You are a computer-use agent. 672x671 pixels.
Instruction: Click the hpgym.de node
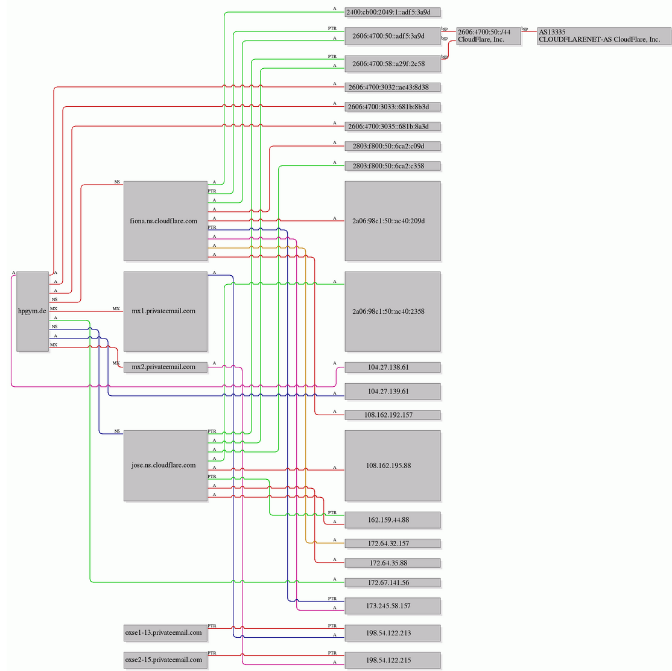(x=33, y=311)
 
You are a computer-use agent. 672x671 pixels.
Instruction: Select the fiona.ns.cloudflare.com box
(x=165, y=221)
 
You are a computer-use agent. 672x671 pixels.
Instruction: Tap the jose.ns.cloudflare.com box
(x=165, y=465)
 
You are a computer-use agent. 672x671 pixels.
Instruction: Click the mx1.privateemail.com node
(x=165, y=311)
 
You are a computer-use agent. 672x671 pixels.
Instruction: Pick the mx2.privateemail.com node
(x=165, y=367)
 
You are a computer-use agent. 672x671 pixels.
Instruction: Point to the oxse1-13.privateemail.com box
(x=165, y=633)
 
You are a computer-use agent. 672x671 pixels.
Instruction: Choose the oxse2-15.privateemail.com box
(x=165, y=660)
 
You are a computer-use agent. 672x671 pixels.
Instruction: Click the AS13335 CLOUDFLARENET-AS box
(x=604, y=36)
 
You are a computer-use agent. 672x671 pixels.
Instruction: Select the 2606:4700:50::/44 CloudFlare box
(x=489, y=36)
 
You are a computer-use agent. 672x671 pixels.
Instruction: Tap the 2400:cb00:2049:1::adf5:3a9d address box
(x=393, y=13)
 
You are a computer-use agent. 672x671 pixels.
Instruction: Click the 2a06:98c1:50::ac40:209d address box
(x=393, y=221)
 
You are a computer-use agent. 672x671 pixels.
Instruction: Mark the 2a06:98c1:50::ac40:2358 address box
(x=393, y=311)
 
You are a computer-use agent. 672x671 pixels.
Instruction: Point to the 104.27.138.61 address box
(x=393, y=367)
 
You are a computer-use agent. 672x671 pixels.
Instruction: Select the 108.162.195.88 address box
(x=393, y=465)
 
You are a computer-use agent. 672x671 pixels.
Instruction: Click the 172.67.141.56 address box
(x=393, y=582)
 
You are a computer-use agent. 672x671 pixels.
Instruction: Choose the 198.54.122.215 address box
(x=393, y=660)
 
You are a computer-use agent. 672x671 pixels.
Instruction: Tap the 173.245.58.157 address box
(x=393, y=606)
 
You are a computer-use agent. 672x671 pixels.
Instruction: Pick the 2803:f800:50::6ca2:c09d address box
(x=393, y=146)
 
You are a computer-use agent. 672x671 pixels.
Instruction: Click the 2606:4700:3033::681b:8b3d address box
(x=393, y=107)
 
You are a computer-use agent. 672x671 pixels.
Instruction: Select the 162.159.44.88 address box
(x=393, y=520)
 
